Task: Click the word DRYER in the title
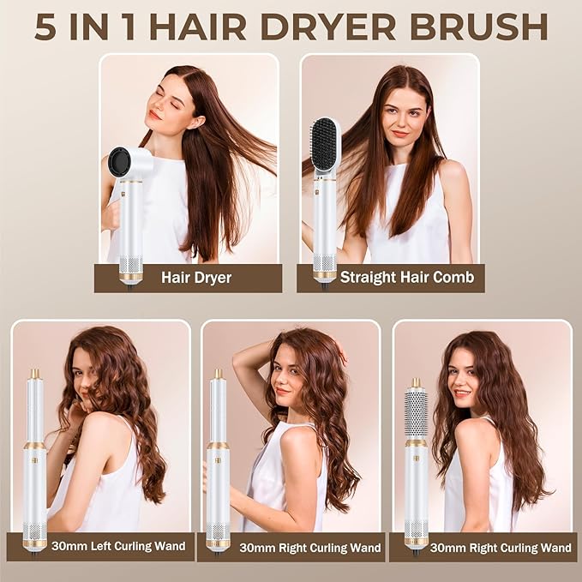[x=342, y=26]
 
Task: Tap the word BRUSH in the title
[x=483, y=26]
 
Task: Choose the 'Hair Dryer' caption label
[x=195, y=278]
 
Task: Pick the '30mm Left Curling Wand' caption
[x=100, y=546]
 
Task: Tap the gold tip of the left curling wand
[x=35, y=374]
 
